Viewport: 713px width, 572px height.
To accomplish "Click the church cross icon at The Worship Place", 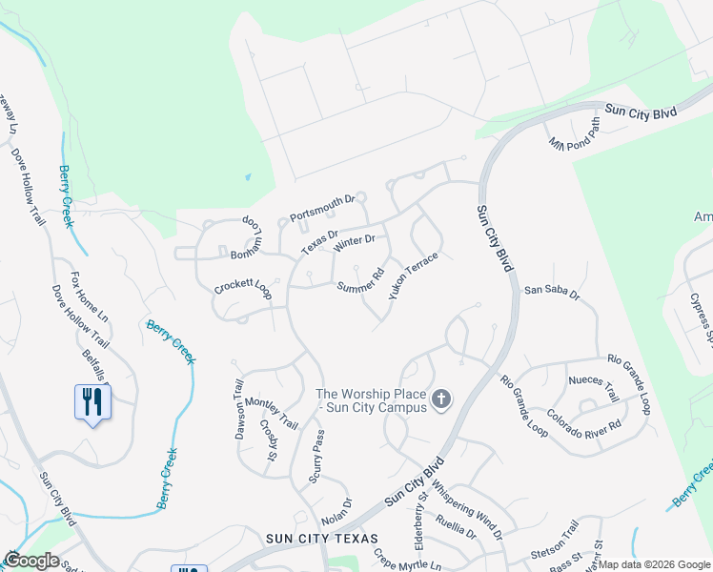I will pos(440,398).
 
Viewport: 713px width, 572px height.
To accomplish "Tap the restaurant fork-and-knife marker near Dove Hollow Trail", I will pos(92,401).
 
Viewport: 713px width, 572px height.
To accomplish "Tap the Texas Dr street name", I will pos(320,241).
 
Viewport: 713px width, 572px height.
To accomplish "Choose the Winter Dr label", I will pos(355,244).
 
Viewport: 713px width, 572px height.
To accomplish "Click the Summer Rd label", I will pos(360,281).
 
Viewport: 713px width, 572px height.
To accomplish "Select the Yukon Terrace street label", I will pos(413,276).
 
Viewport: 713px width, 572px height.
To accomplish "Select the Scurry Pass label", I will pos(318,456).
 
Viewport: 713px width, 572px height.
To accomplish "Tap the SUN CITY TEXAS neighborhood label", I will pos(322,540).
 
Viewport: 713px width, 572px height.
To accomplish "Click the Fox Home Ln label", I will pos(90,300).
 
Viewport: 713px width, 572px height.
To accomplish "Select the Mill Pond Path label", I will pos(576,133).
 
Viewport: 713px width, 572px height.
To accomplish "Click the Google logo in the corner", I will pos(31,561).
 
